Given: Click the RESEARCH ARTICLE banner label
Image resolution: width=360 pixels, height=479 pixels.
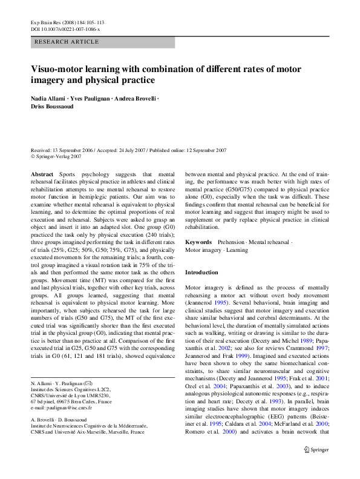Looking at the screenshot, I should [67, 42].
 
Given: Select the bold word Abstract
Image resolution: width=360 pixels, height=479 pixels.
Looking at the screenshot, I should [42, 173].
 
